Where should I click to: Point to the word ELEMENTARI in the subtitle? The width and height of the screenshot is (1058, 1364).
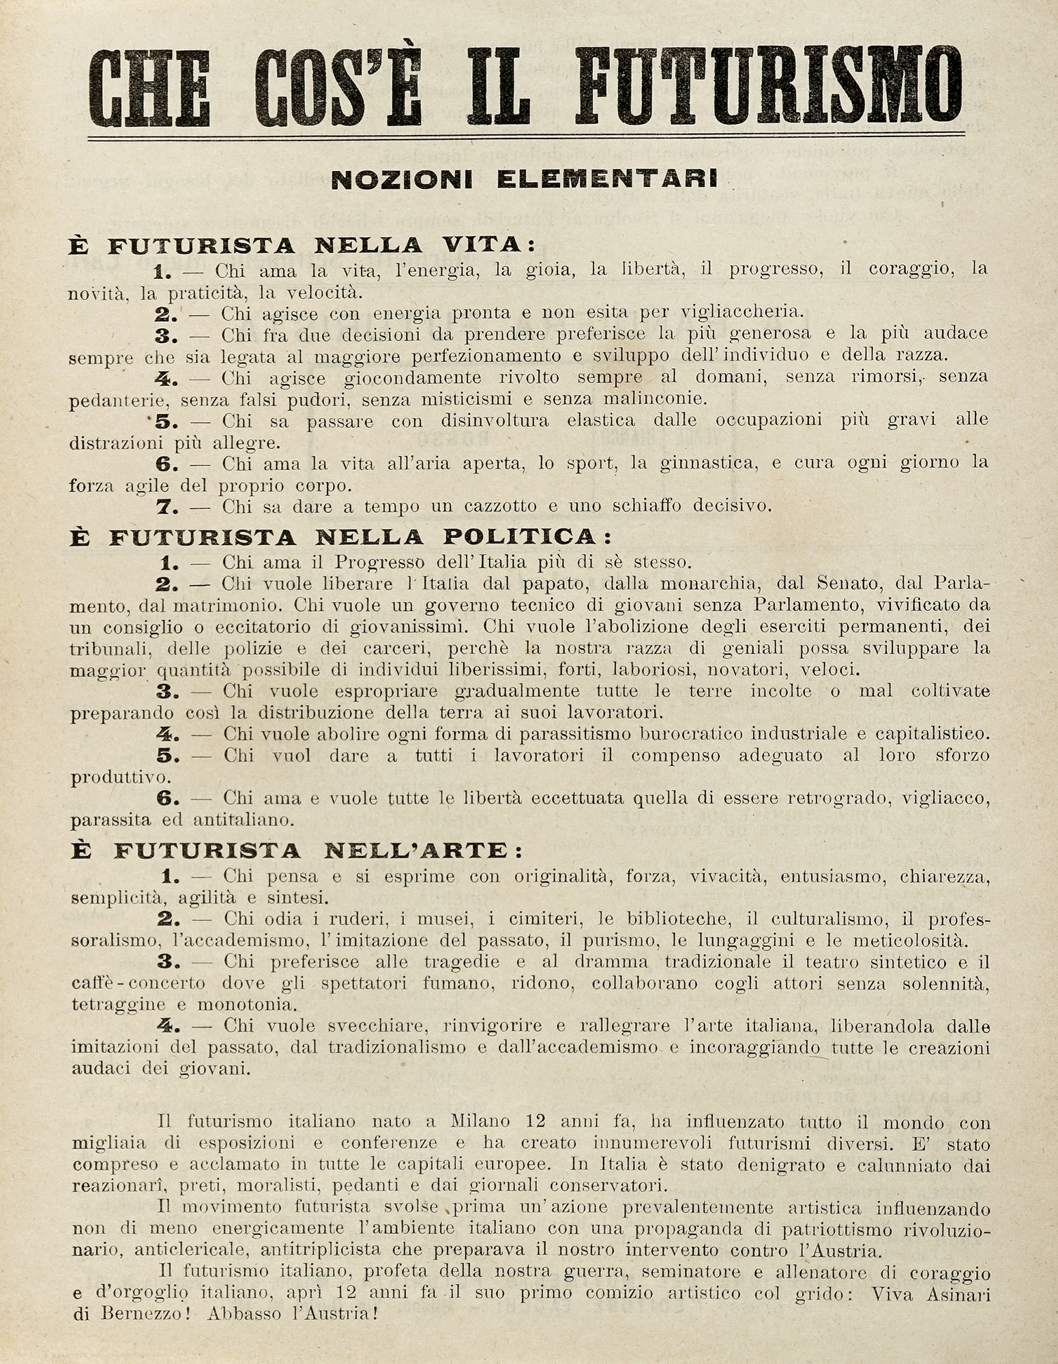pyautogui.click(x=607, y=179)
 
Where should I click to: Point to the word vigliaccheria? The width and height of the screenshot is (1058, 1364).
pyautogui.click(x=744, y=313)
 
